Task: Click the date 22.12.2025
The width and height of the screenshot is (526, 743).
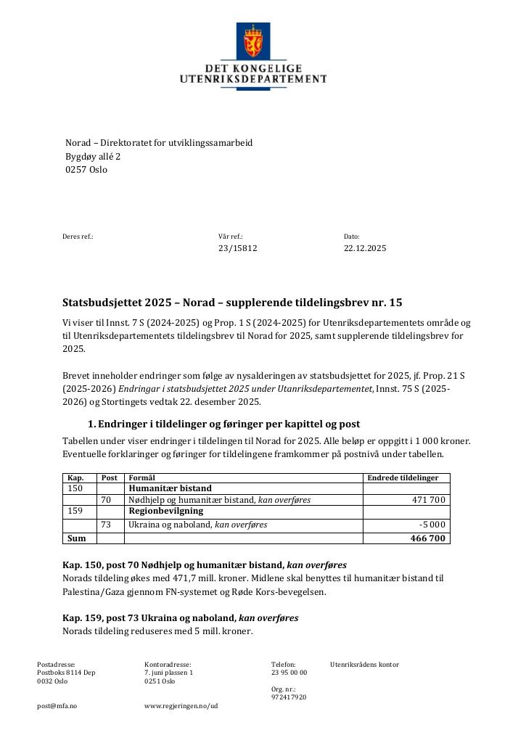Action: click(365, 248)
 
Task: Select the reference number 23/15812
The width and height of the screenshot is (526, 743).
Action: click(237, 248)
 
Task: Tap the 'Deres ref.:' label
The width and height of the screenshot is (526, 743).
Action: click(78, 237)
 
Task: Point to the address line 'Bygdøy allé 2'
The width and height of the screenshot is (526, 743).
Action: click(93, 156)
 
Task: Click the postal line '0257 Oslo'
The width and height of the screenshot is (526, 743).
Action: click(86, 169)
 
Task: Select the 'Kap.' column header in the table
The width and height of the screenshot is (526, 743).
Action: click(75, 478)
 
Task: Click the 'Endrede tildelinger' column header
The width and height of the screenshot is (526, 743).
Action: click(403, 478)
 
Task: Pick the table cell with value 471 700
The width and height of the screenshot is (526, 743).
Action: click(429, 500)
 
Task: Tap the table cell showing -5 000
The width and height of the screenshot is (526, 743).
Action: click(432, 525)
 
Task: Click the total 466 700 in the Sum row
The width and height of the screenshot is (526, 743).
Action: click(429, 538)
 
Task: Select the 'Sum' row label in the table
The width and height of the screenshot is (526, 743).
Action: click(76, 538)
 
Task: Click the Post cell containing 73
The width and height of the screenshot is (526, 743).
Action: click(106, 525)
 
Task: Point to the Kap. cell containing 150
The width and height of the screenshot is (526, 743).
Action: click(75, 488)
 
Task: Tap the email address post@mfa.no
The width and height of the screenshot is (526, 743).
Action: click(57, 705)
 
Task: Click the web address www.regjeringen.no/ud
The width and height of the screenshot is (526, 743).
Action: click(181, 705)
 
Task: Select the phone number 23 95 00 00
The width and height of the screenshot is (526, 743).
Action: click(289, 673)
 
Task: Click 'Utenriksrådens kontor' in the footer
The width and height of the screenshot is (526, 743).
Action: click(364, 665)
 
